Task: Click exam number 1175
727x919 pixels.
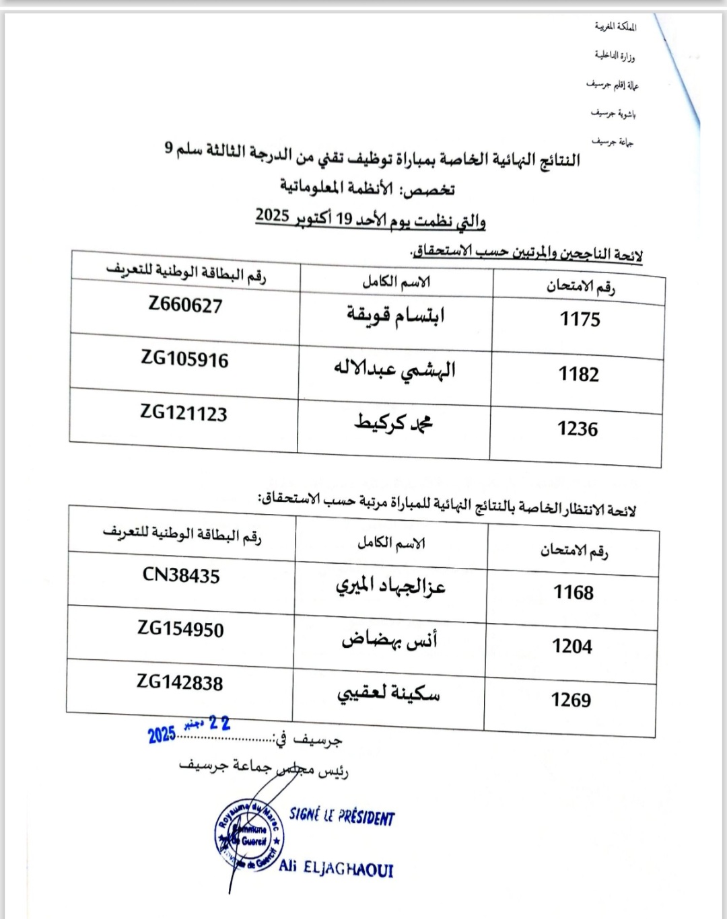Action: (580, 319)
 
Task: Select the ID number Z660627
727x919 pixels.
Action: (185, 305)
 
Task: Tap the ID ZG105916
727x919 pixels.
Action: (184, 359)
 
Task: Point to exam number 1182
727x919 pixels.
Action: (578, 374)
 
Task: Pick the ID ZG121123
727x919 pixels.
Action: (184, 412)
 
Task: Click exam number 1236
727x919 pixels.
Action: (577, 429)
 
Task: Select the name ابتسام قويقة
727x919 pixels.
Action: (396, 315)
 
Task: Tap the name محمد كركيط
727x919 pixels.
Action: (394, 422)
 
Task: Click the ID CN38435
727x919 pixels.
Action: (181, 575)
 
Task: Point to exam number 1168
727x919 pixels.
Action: (573, 592)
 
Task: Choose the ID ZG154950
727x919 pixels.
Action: (180, 629)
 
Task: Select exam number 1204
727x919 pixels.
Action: (572, 647)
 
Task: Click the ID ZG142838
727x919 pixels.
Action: (180, 682)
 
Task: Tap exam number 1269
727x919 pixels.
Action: (571, 700)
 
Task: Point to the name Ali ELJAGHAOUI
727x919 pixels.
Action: (336, 868)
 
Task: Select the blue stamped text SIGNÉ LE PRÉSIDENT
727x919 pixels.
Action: (342, 816)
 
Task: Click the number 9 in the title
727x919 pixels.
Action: (169, 147)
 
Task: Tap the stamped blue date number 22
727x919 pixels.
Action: (219, 724)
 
